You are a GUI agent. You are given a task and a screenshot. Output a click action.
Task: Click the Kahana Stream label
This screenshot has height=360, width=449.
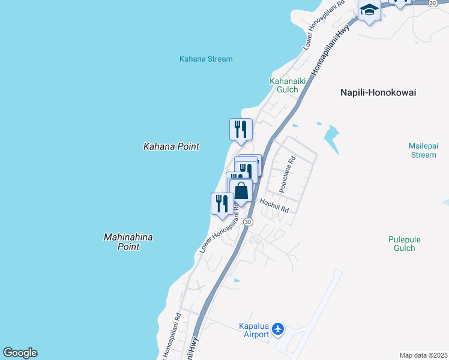[206, 59]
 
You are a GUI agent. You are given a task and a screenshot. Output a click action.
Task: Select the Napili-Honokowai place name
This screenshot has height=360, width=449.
[378, 92]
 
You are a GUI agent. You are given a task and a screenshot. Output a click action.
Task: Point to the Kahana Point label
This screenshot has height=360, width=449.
[171, 146]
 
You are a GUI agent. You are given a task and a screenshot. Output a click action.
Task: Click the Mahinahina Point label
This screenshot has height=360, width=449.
[128, 242]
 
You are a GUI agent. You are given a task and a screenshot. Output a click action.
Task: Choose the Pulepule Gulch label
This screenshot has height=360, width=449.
[404, 244]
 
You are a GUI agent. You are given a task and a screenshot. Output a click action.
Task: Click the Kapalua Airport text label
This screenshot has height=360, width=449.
[253, 330]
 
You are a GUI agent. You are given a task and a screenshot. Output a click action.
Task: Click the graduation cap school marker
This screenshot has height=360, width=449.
[369, 10]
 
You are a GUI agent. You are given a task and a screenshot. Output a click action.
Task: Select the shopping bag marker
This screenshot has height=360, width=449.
[241, 191]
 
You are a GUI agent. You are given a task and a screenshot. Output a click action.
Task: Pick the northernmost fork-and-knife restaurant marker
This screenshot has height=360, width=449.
[241, 129]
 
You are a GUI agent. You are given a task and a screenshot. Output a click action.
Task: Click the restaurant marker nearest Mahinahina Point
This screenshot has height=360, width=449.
[221, 203]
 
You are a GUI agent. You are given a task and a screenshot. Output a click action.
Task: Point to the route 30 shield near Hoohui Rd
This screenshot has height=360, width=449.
[248, 222]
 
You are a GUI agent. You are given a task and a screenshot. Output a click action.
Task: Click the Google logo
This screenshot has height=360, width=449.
[20, 353]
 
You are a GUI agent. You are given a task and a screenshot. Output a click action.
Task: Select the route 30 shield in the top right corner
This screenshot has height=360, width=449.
[432, 3]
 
